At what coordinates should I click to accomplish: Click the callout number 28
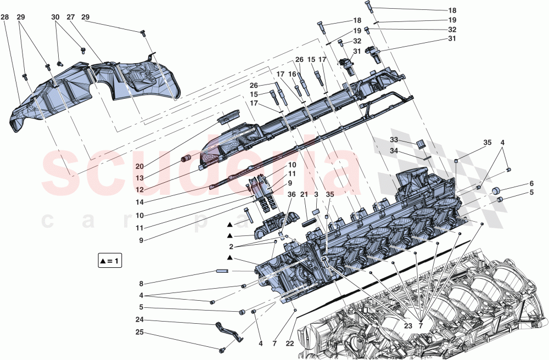(x=4, y=18)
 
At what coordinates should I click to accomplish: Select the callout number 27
(x=70, y=18)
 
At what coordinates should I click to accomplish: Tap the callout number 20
(x=139, y=166)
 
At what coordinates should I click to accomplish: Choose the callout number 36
(x=292, y=194)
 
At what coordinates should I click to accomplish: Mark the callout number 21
(x=304, y=194)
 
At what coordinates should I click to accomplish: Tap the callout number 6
(x=531, y=184)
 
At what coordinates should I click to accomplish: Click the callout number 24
(x=141, y=320)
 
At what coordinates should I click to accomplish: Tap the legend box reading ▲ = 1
(x=108, y=261)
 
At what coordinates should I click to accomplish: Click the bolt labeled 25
(x=221, y=350)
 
